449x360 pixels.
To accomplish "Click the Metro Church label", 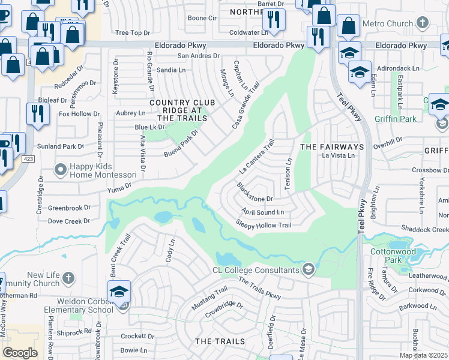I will click(392, 24).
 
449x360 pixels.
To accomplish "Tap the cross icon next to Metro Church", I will click(423, 23).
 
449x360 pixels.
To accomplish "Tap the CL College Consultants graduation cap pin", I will click(309, 268).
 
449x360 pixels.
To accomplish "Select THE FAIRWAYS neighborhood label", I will click(332, 147).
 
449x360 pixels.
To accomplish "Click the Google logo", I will click(20, 353).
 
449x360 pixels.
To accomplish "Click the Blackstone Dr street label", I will click(255, 192).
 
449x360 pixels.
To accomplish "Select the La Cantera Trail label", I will click(257, 155).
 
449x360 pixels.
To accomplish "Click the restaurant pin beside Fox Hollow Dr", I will click(37, 113).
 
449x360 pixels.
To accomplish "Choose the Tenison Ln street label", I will click(288, 175).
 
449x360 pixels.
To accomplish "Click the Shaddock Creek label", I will click(426, 230).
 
